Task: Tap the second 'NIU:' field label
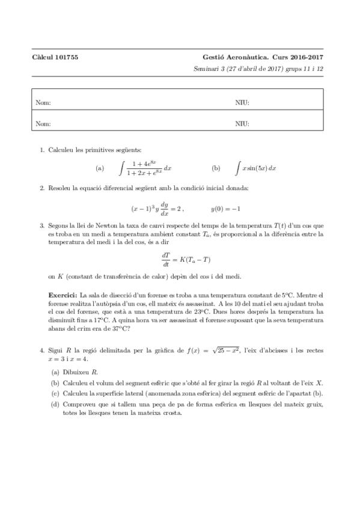242,123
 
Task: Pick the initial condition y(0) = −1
226,209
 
